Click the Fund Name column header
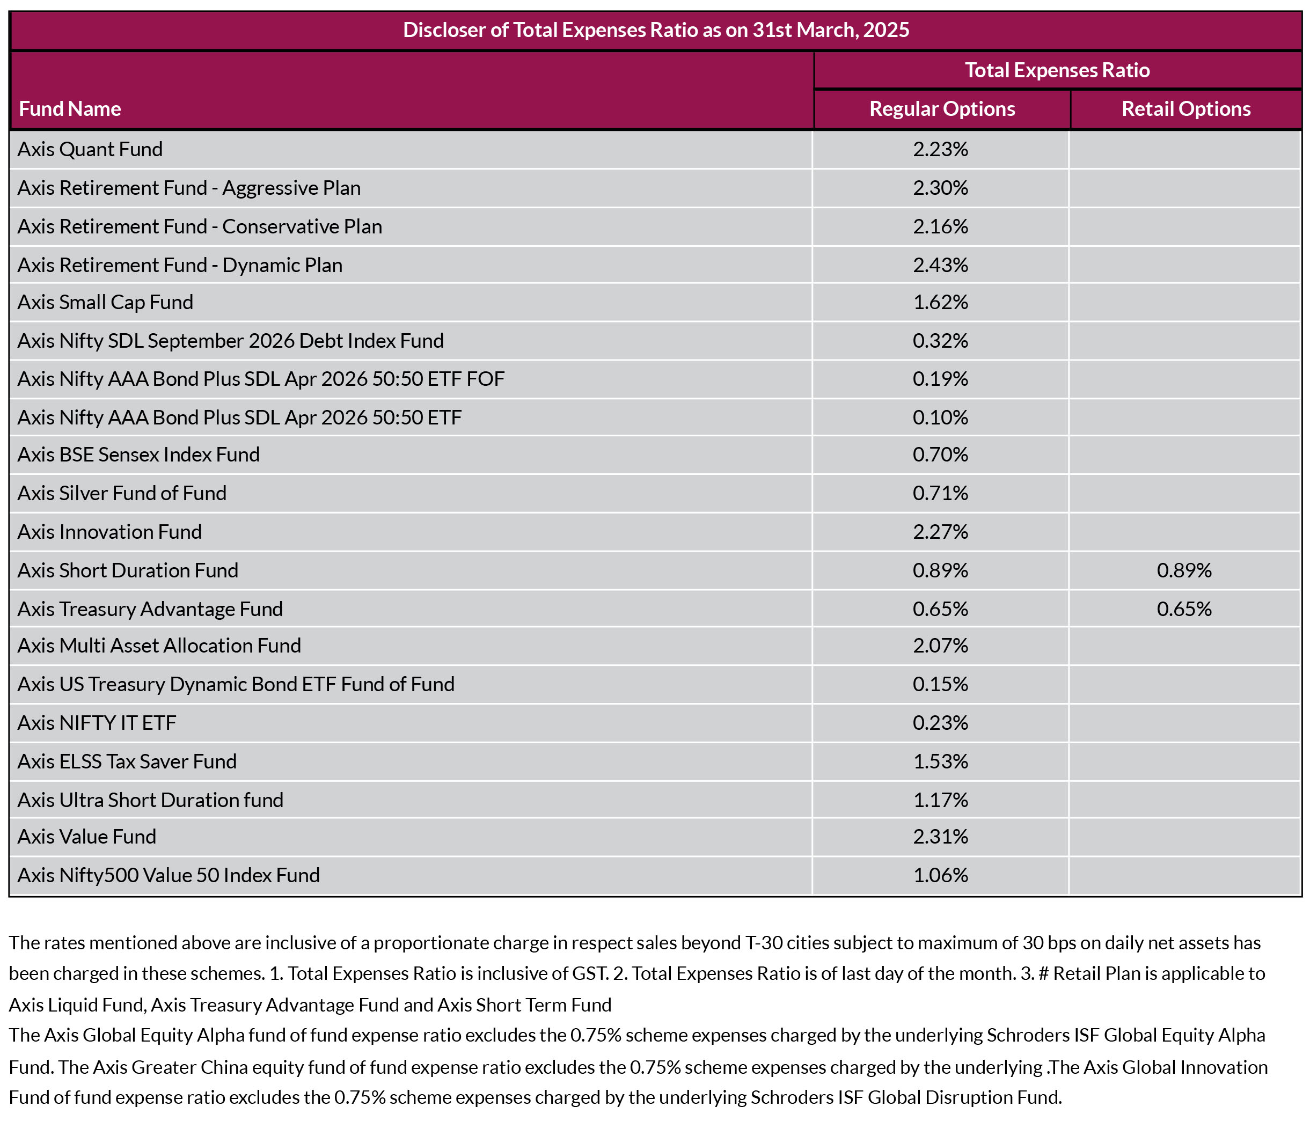pos(70,109)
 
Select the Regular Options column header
pos(942,109)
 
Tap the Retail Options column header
pos(1186,109)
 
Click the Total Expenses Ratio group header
pos(1057,70)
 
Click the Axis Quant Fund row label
pos(90,149)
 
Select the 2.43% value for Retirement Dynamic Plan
pos(940,265)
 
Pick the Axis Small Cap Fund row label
pos(105,302)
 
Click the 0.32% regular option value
pos(940,341)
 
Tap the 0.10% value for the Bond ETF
pos(940,417)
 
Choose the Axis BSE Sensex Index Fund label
pos(138,455)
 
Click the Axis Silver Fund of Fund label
pos(122,493)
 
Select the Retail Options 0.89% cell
pos(1184,570)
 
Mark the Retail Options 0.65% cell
pos(1184,609)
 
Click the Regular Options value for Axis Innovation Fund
pos(940,532)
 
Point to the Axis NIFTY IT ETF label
pos(97,723)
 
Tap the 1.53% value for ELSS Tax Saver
pos(940,761)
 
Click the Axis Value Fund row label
pos(86,837)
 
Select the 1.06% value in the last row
pos(940,875)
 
